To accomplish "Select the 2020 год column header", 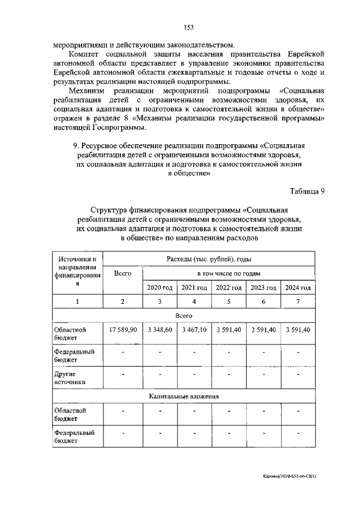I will [160, 287].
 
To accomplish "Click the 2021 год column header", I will [194, 287].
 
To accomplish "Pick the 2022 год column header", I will [229, 287].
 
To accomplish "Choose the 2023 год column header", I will [263, 287].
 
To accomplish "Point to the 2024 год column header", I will [298, 287].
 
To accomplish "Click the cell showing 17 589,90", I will [123, 330].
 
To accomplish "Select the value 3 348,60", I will [160, 330].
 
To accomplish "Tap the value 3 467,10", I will [194, 330].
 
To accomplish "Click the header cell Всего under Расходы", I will [123, 273].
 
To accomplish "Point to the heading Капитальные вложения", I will [184, 397].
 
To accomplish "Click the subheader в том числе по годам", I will [229, 273].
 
